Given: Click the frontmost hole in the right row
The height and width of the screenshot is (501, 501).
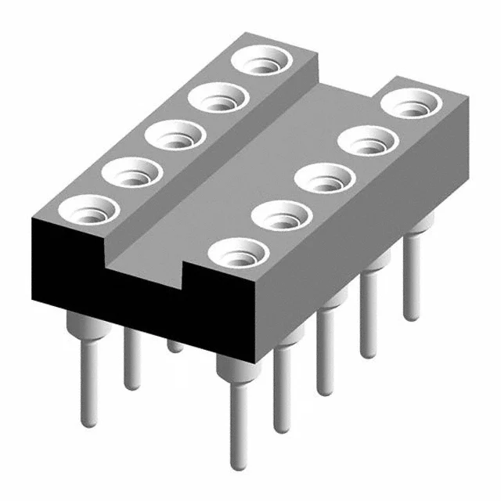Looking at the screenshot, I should (x=236, y=252).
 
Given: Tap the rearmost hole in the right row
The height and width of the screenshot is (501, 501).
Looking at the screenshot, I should (x=409, y=103).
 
